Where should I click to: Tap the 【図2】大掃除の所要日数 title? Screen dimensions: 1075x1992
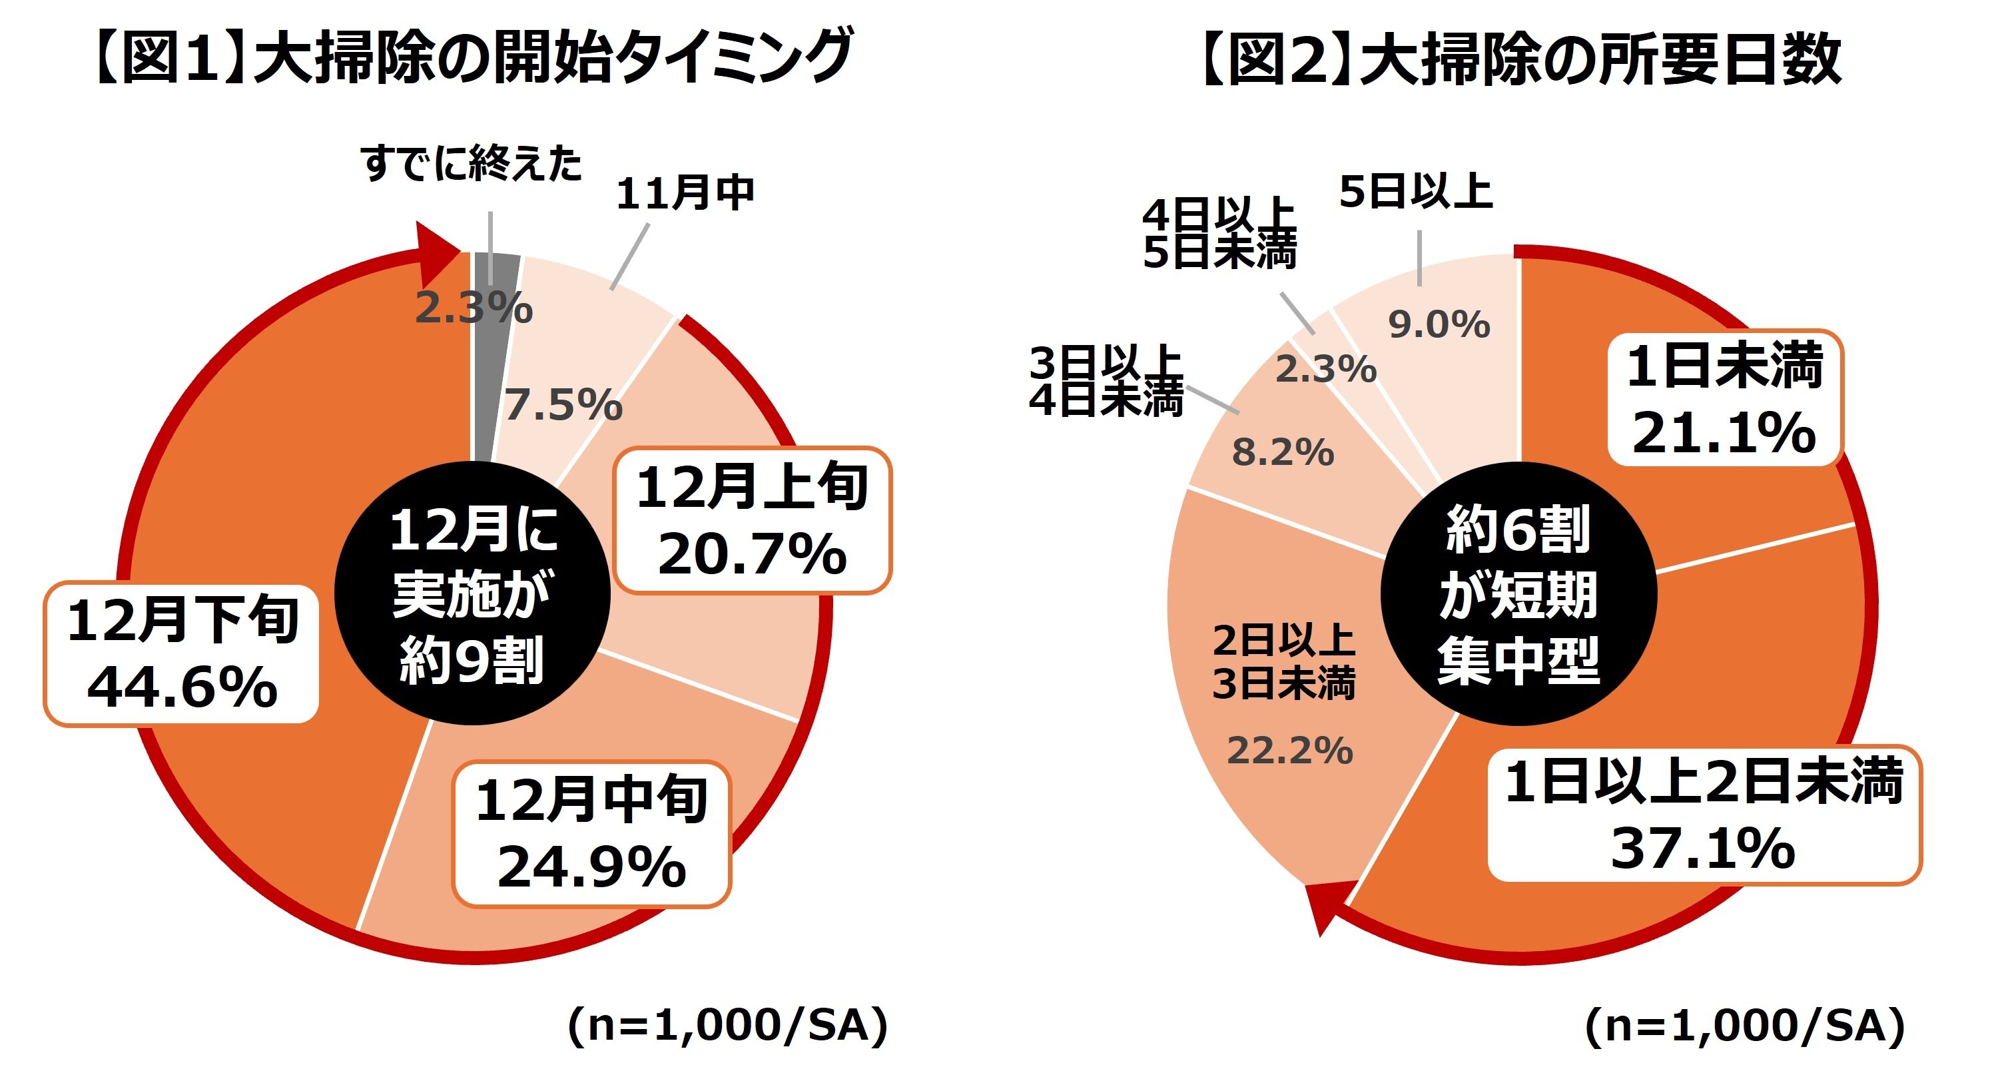coord(1520,58)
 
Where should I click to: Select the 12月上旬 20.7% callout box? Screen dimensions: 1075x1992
coord(753,520)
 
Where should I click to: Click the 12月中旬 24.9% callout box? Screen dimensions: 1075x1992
coord(591,834)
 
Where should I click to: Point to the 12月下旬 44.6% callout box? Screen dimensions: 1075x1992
coord(182,654)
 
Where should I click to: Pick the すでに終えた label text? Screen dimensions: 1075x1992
coord(471,164)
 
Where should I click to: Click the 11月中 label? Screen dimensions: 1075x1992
coord(685,193)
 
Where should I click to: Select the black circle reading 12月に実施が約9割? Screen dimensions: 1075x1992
coord(472,594)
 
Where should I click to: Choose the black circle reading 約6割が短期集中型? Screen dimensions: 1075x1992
coord(1518,594)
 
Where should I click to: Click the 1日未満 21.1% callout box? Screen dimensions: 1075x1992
coord(1725,398)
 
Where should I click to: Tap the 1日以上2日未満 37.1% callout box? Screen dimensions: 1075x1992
coord(1704,815)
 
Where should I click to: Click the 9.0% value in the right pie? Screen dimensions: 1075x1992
coord(1439,325)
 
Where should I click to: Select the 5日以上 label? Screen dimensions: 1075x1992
coord(1416,192)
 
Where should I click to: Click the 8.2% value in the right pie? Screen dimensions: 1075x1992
coord(1283,453)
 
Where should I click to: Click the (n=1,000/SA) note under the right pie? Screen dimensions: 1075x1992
coord(1744,1026)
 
